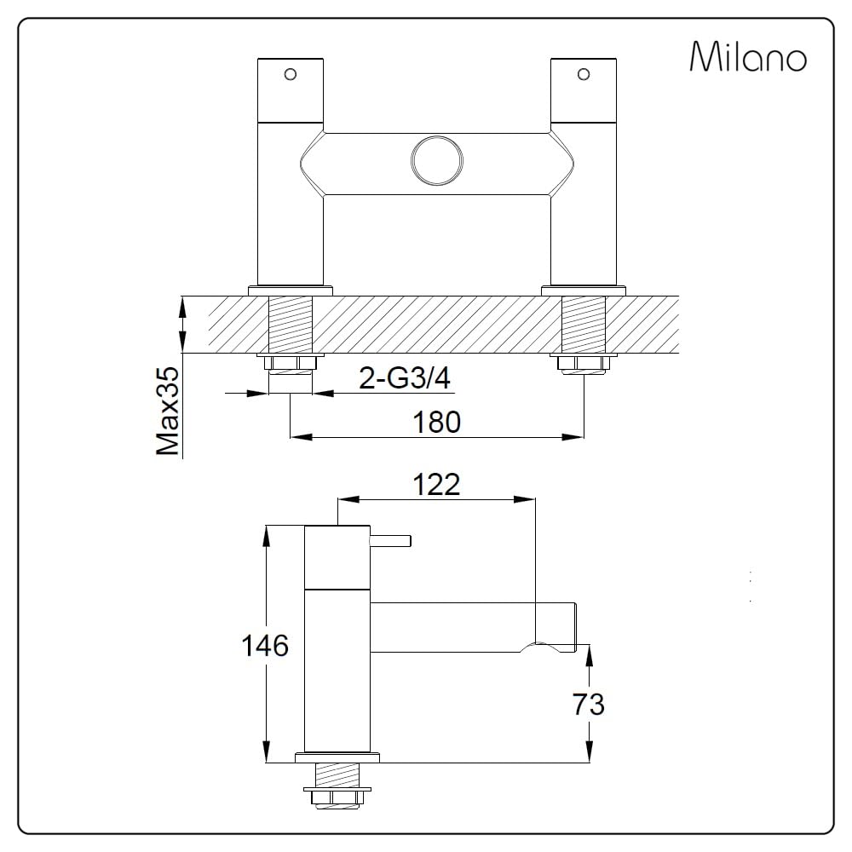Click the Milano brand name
tap(748, 56)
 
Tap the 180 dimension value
tap(437, 422)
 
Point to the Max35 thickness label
tap(168, 411)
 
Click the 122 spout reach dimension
tap(436, 484)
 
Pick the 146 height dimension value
tap(265, 646)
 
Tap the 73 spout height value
tap(588, 705)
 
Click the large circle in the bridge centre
tap(437, 161)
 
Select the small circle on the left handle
tap(291, 74)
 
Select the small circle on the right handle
tap(584, 74)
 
